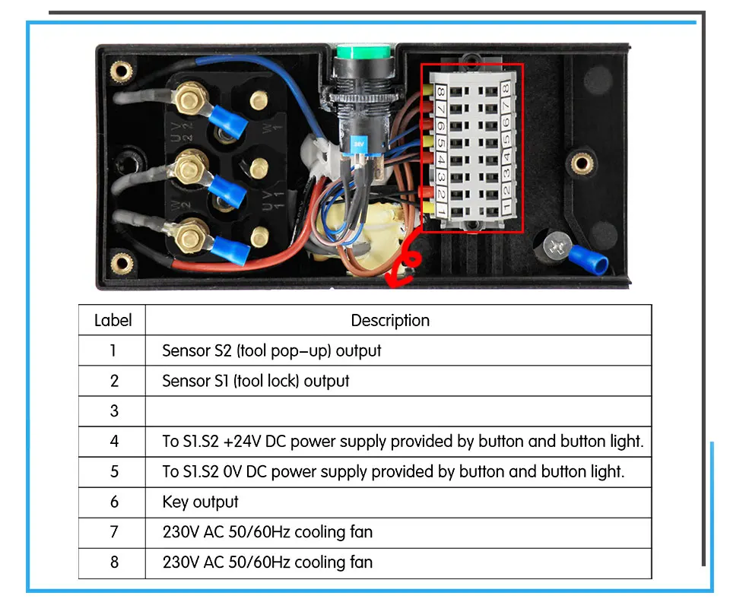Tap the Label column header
(113, 320)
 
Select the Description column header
(390, 320)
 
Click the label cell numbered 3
(114, 410)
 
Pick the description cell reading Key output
(200, 502)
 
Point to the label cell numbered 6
(114, 502)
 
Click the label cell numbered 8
(114, 563)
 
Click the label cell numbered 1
(114, 350)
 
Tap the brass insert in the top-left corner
(118, 71)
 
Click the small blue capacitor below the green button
(358, 143)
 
